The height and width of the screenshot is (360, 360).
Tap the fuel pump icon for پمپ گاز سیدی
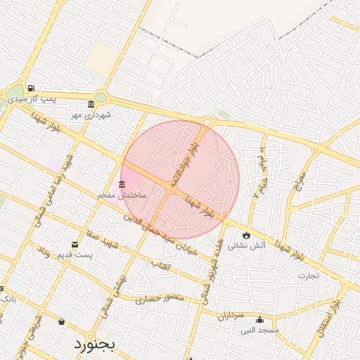point(31,89)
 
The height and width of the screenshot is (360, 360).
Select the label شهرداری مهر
point(91,115)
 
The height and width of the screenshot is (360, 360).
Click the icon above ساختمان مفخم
point(122,184)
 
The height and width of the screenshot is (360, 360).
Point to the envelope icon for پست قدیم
point(75,245)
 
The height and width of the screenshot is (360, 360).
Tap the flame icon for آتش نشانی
point(246,235)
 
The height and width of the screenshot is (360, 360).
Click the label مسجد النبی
point(259,329)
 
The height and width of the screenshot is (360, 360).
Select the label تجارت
point(308,275)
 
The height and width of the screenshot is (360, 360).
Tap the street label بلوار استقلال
point(329,320)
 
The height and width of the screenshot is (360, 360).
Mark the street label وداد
point(44,251)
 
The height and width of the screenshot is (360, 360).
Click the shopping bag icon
point(61,322)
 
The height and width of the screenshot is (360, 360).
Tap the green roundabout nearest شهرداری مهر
point(101,97)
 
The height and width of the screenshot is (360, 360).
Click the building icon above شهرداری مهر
point(91,105)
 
